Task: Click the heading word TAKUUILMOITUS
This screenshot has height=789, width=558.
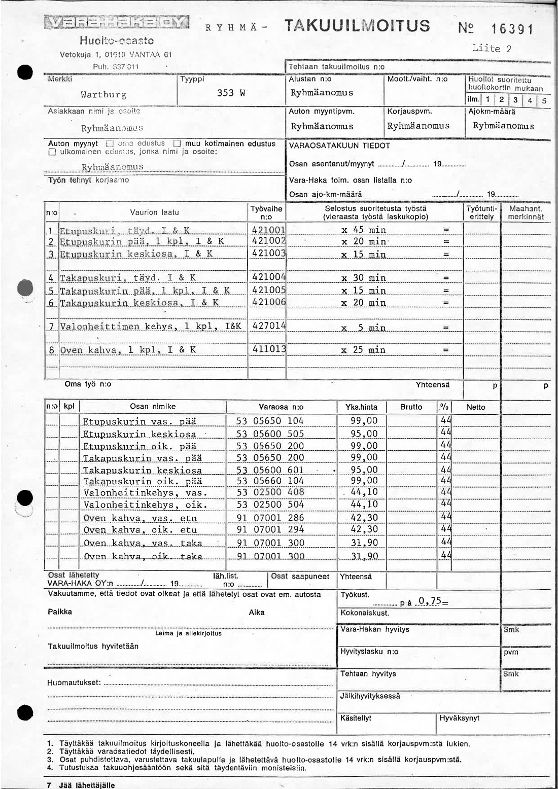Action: point(358,25)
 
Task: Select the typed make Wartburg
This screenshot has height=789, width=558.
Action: point(103,95)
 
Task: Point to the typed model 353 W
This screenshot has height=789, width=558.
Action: point(231,93)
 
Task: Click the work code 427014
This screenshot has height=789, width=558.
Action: point(269,326)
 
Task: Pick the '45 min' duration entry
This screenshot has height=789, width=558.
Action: point(364,230)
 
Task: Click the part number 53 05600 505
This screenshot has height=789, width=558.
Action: point(270,434)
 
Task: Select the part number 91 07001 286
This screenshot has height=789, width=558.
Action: point(270,518)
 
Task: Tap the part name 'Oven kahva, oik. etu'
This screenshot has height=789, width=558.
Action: point(140,530)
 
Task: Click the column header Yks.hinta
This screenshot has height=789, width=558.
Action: point(361,407)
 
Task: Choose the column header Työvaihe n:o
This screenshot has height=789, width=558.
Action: point(267,212)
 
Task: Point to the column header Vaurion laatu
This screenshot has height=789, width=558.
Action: point(154,212)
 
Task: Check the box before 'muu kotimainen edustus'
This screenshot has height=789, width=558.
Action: point(177,144)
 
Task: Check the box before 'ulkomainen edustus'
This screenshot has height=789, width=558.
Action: point(52,152)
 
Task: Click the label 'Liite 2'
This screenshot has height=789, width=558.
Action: point(492,49)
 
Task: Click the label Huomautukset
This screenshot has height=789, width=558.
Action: point(74,683)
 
